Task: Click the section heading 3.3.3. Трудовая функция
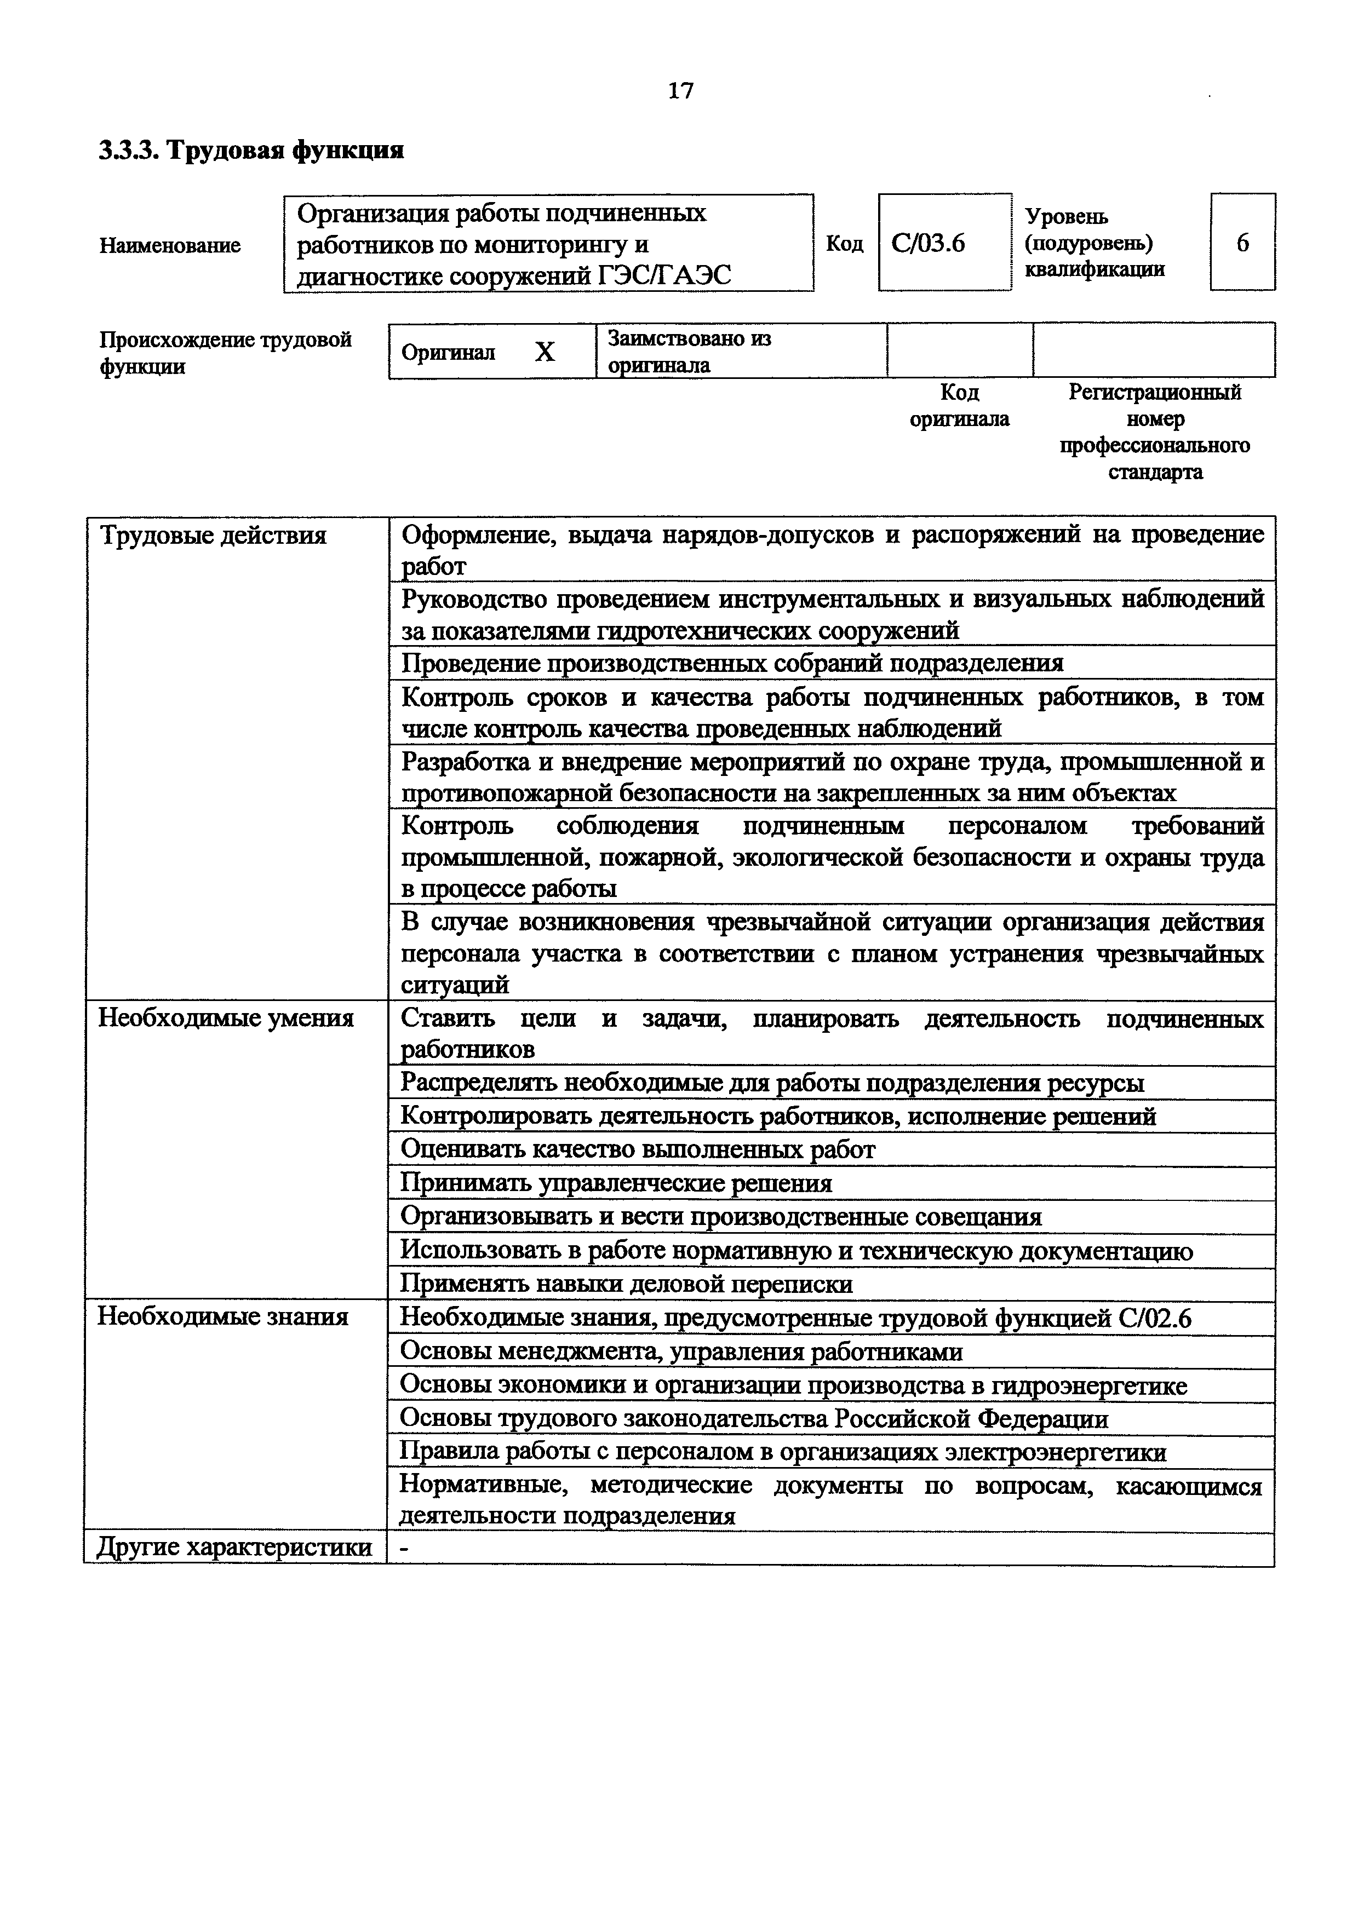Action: point(251,151)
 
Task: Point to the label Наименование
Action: point(170,245)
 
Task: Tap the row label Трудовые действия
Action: point(213,536)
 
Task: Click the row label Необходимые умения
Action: point(226,1018)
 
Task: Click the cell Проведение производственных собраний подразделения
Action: point(732,664)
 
